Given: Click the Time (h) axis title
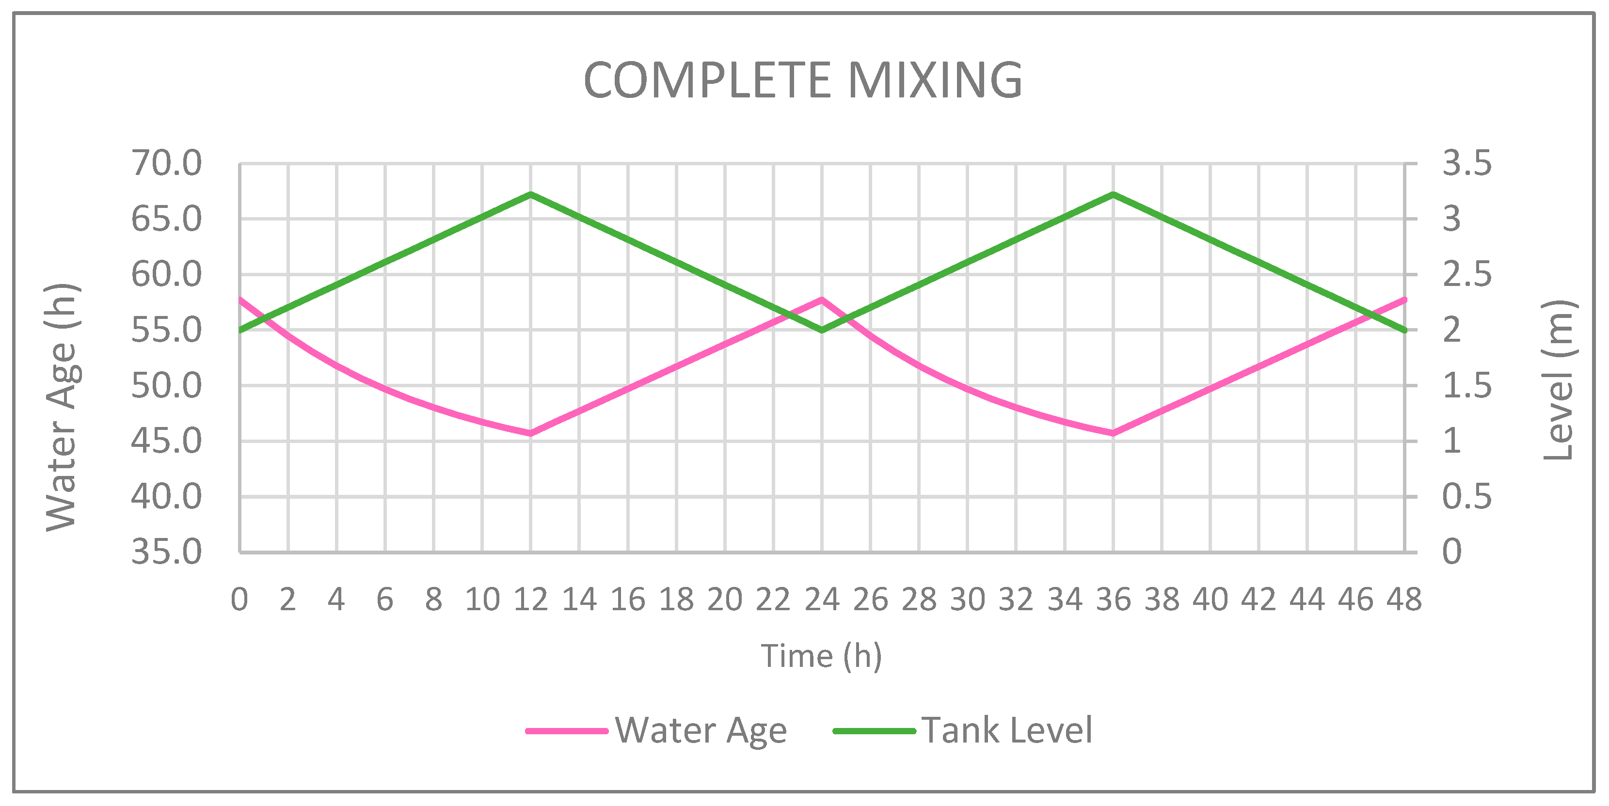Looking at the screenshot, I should point(821,656).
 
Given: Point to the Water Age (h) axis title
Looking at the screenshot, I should point(62,407).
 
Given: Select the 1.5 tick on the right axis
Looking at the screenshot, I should point(1466,386).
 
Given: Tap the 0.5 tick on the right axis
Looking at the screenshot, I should point(1466,497).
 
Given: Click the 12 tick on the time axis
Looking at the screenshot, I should point(530,600).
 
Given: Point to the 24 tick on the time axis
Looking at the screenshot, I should point(821,600).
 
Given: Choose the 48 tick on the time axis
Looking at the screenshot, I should point(1404,600).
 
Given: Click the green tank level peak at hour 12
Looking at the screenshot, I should point(530,194).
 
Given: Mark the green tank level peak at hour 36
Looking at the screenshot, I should point(1113,194).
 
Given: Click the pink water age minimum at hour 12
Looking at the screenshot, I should point(530,433).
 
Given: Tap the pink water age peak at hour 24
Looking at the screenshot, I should point(821,300).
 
